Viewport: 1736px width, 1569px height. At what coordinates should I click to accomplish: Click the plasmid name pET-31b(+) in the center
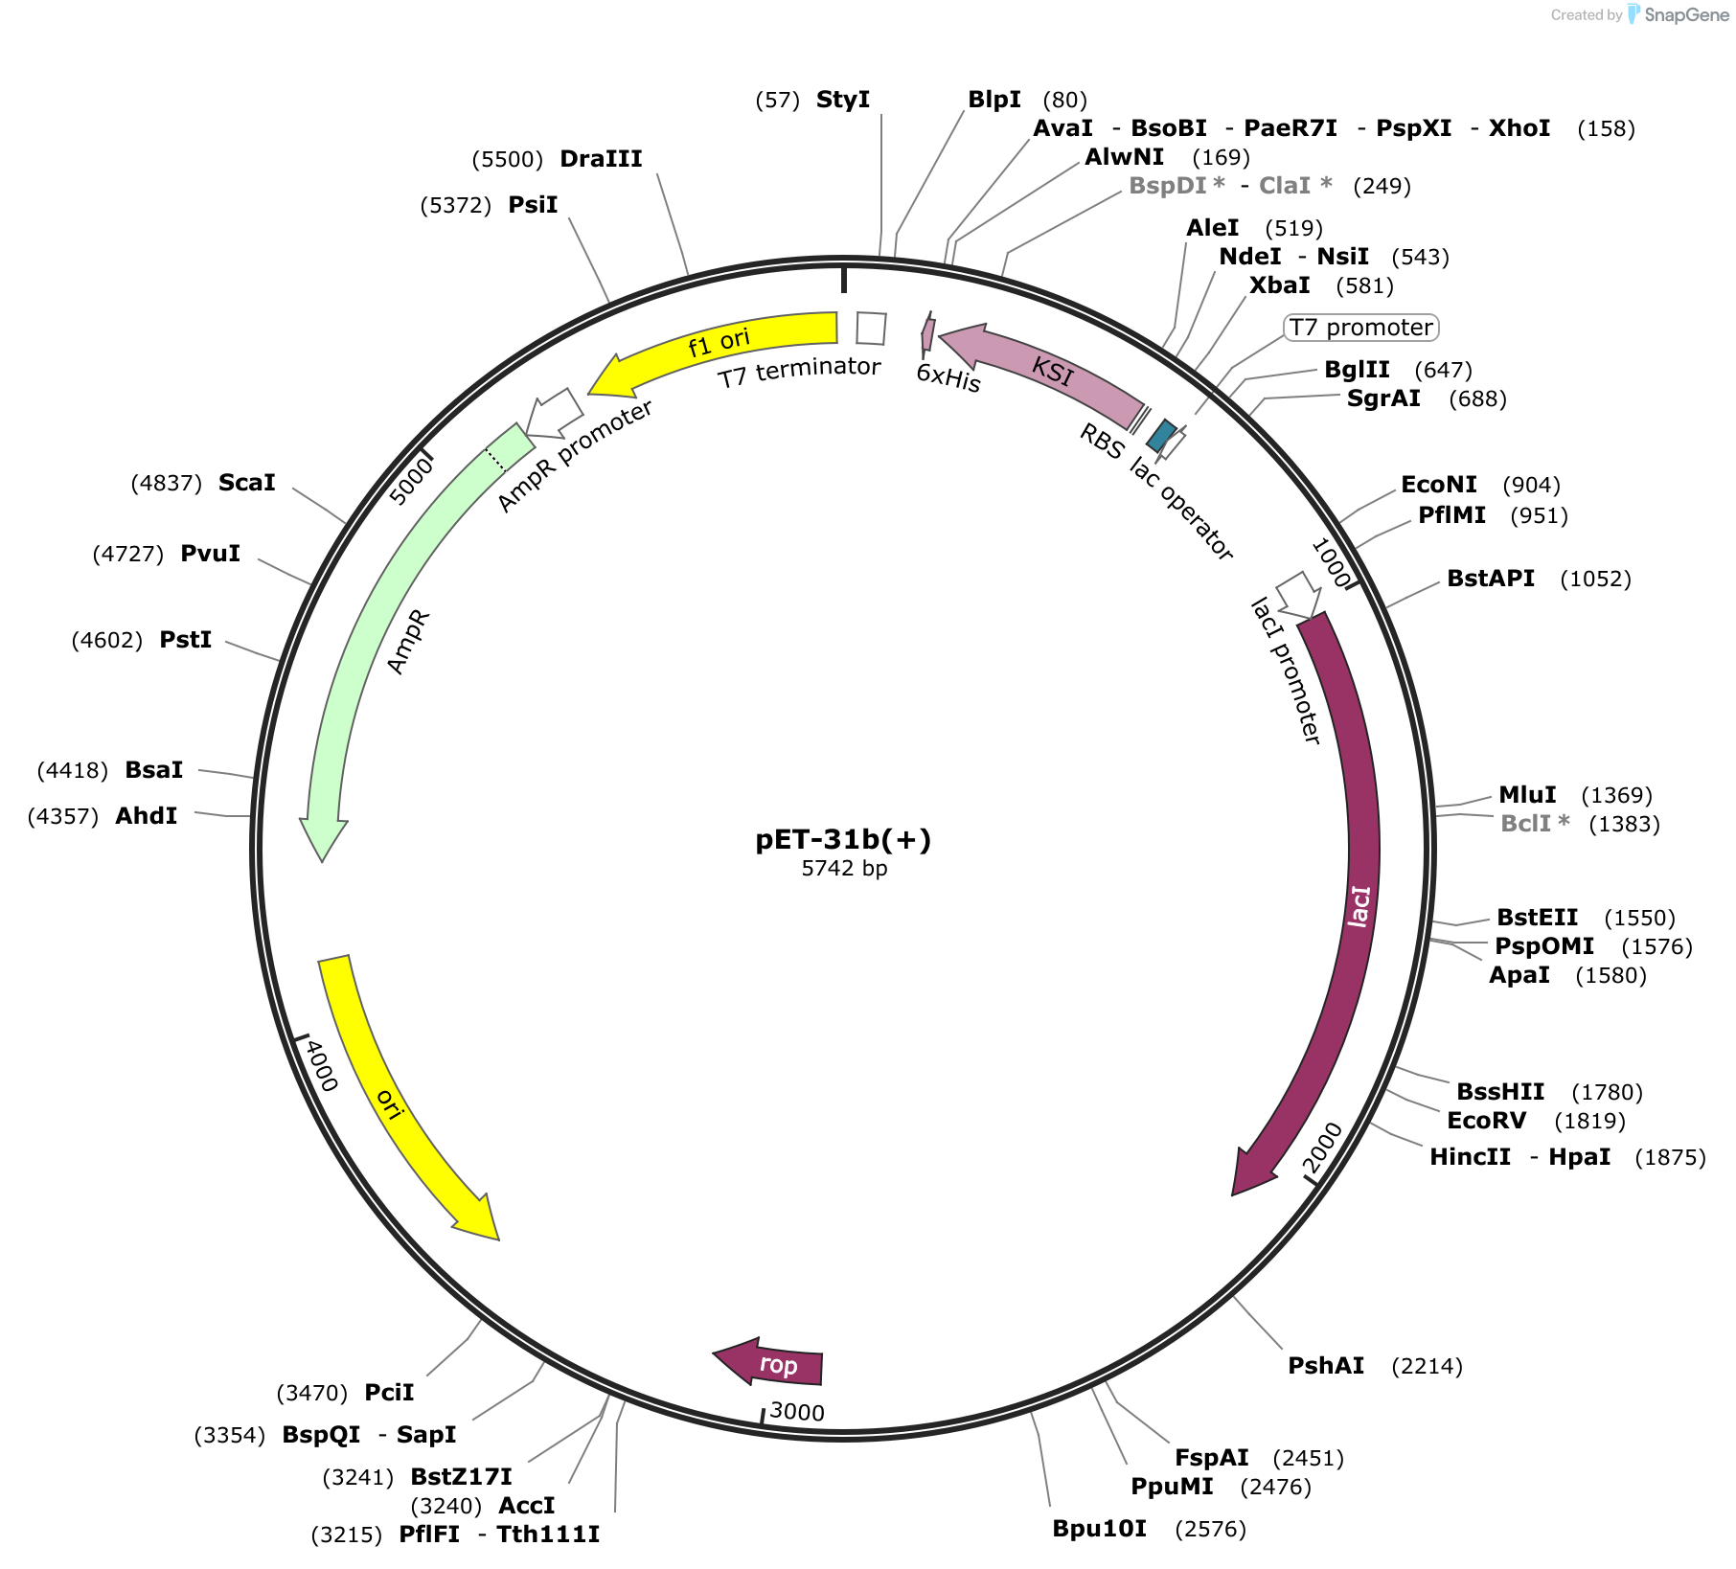click(843, 839)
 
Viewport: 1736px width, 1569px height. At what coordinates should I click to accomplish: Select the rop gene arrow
click(770, 1362)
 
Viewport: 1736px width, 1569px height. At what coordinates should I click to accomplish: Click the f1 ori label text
click(719, 342)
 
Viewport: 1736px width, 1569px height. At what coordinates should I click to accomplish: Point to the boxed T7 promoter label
click(1360, 328)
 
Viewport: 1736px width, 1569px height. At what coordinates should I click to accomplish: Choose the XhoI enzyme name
click(1519, 128)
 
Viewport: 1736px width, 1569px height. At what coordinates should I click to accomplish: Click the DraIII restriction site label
click(601, 159)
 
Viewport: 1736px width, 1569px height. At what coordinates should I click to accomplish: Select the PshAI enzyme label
click(1326, 1366)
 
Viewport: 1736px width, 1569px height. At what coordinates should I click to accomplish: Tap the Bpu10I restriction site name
click(1100, 1529)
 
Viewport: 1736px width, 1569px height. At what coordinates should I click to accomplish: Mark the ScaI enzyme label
click(246, 483)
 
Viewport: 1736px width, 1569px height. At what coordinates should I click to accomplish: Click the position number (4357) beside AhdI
click(63, 816)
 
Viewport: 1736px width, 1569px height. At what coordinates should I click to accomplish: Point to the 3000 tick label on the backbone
click(797, 1412)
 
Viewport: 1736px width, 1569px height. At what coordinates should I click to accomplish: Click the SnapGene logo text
click(1686, 14)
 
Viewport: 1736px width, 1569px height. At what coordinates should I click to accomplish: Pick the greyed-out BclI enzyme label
click(1535, 824)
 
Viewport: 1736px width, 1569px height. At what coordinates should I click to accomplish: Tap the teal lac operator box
click(1162, 436)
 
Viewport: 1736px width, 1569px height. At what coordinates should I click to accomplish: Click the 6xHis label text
click(948, 377)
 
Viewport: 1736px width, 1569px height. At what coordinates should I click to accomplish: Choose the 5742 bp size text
click(844, 869)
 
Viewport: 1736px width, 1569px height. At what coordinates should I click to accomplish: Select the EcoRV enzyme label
click(1486, 1121)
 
